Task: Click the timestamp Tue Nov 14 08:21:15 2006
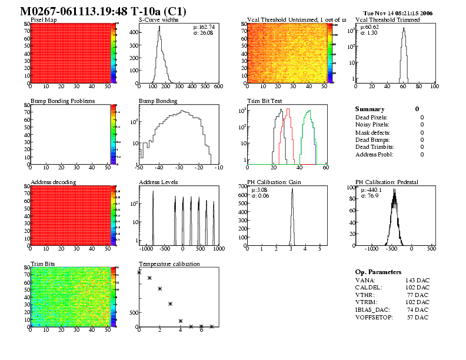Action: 398,13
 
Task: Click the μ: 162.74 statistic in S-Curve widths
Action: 204,27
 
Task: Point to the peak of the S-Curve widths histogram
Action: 159,27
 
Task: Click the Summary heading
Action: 370,109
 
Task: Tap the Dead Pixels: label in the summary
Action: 372,118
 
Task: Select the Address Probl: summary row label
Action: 374,155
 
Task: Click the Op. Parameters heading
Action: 378,272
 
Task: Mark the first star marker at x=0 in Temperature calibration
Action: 139,272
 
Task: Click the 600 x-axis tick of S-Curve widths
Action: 218,88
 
